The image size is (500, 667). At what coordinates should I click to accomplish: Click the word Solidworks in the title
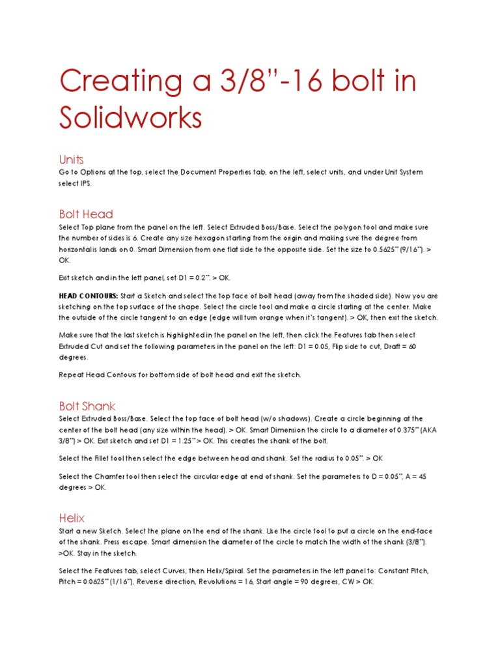pyautogui.click(x=130, y=118)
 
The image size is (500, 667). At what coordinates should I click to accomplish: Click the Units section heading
pyautogui.click(x=71, y=160)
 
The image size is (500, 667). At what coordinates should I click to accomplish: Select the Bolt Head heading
pyautogui.click(x=86, y=214)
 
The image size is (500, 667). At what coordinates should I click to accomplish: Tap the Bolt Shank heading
pyautogui.click(x=87, y=406)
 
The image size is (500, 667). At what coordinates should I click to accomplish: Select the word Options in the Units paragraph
pyautogui.click(x=87, y=173)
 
